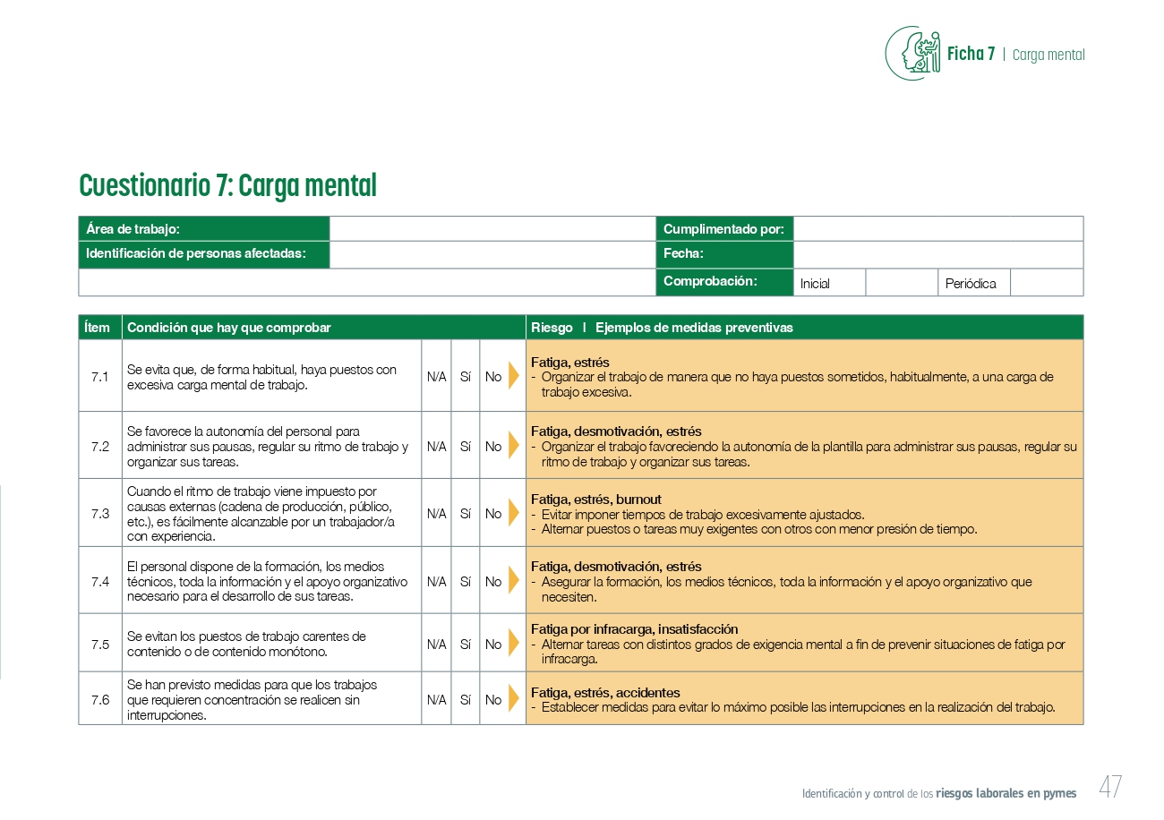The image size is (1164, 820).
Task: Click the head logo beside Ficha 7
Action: [x=913, y=53]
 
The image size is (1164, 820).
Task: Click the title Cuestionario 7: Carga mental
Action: [x=227, y=185]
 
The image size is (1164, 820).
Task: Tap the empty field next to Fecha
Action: [x=937, y=254]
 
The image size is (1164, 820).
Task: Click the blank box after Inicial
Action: [x=901, y=283]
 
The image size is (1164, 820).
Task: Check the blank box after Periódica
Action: [x=1046, y=283]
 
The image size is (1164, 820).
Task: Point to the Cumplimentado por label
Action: [x=723, y=229]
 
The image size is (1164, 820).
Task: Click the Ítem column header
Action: [x=98, y=328]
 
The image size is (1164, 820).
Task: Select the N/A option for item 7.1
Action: [x=436, y=377]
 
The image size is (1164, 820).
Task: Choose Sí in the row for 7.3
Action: [x=465, y=514]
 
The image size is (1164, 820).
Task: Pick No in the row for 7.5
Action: [x=493, y=644]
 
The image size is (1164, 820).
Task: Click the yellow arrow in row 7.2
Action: [x=513, y=446]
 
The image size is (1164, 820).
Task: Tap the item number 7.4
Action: [x=100, y=581]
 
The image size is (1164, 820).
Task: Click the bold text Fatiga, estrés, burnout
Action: [x=595, y=500]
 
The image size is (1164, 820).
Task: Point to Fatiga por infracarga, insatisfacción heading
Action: [x=634, y=629]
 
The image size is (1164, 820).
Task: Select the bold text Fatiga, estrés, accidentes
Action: [x=605, y=693]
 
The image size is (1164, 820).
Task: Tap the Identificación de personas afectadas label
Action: [x=195, y=254]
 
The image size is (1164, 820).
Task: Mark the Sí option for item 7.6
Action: [x=465, y=700]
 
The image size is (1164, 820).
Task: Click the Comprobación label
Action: [x=710, y=281]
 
